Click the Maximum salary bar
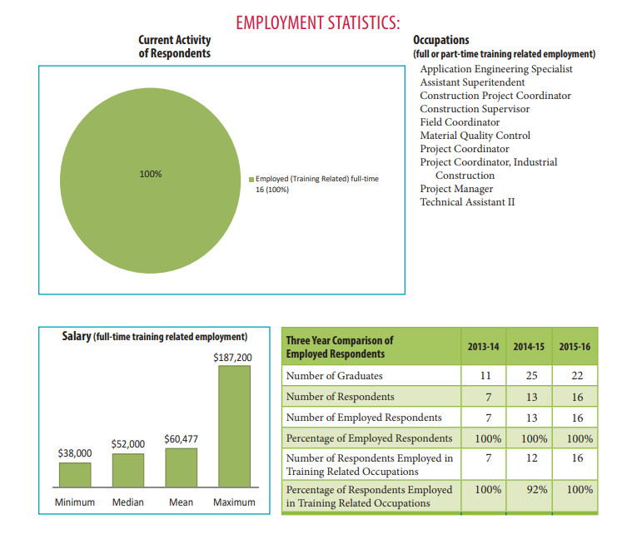234,427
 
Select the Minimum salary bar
75,475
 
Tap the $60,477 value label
181,439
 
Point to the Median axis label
128,502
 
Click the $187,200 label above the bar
232,358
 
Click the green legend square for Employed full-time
251,180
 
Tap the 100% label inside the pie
151,174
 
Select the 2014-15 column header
529,347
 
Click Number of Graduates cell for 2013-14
485,376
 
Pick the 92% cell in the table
537,490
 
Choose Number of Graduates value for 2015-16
577,376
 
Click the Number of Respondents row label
340,397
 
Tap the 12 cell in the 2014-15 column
531,457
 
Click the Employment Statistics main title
318,22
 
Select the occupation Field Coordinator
460,122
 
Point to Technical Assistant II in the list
467,202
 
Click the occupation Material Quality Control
475,136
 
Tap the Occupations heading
441,40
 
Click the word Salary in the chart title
77,336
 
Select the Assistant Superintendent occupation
472,82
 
